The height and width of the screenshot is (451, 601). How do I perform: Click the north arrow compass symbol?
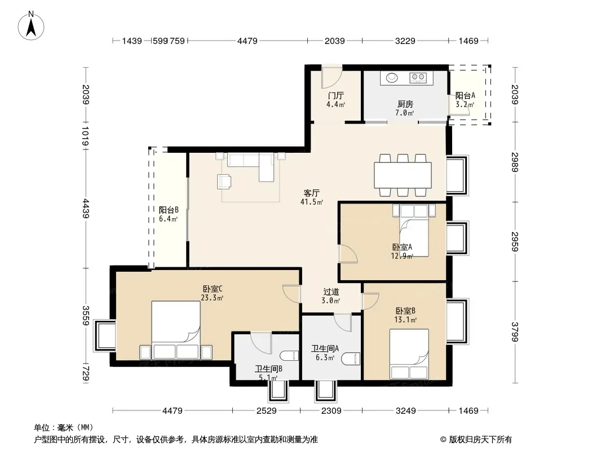coord(31,26)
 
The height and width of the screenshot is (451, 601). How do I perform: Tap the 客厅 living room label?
coord(311,193)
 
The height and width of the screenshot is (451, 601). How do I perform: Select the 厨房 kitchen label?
coord(405,104)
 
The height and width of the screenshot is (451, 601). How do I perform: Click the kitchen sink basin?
coord(392,78)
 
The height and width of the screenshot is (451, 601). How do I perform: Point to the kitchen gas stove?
coord(418,78)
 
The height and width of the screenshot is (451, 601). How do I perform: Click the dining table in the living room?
coord(403,175)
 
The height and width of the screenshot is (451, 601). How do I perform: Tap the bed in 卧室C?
coord(176,330)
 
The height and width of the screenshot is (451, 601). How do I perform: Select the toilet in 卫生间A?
coord(351,359)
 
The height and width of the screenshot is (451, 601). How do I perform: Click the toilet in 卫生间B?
coord(289,356)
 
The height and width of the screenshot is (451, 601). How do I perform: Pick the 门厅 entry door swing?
coord(331,77)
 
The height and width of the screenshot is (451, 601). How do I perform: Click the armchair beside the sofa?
coord(224,182)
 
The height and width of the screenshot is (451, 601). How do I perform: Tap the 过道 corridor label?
coord(331,291)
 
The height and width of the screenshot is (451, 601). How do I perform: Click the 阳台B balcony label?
coord(169,210)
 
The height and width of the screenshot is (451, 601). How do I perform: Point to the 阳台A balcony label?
coord(465,95)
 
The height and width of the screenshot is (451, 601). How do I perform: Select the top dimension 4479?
coord(248,41)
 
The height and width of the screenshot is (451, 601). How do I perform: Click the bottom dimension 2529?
coord(266,411)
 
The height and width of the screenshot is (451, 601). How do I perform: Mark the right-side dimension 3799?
coord(515,332)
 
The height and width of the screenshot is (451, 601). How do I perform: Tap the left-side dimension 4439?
coord(86,209)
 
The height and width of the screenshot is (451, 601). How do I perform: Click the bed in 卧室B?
coord(409,354)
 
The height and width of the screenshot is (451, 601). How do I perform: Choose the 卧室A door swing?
coord(348,254)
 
